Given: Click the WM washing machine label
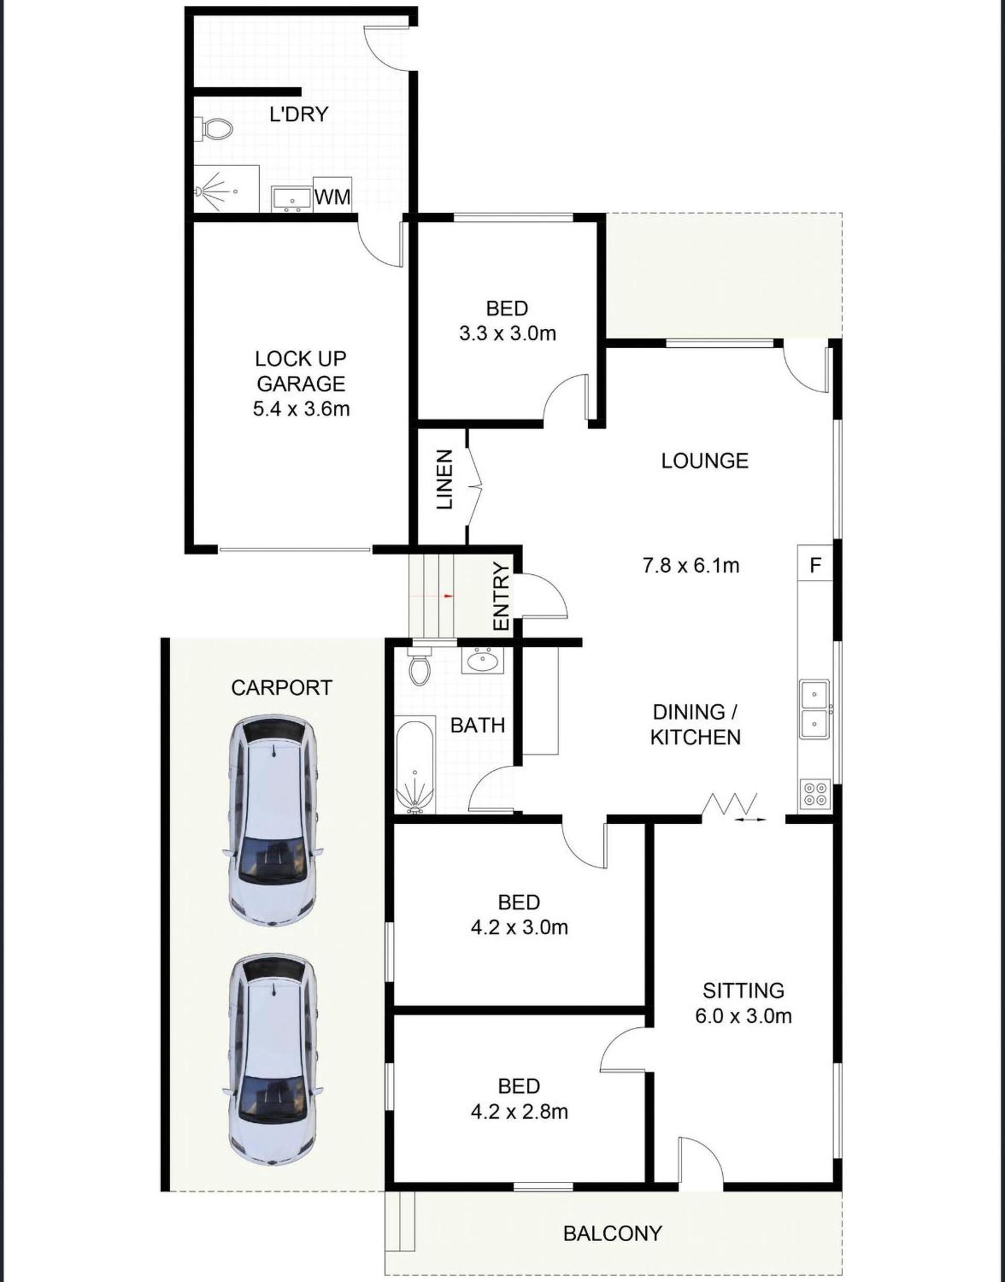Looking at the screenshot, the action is pyautogui.click(x=333, y=196).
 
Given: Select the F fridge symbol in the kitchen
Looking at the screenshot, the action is pyautogui.click(x=815, y=566).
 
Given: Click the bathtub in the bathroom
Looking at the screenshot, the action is pyautogui.click(x=415, y=764).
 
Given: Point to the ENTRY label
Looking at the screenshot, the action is pyautogui.click(x=501, y=596).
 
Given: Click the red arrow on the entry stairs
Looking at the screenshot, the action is pyautogui.click(x=448, y=596).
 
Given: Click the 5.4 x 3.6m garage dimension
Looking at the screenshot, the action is pyautogui.click(x=301, y=409).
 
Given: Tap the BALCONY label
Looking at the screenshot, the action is pyautogui.click(x=613, y=1216).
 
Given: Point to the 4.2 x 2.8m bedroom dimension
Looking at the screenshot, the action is pyautogui.click(x=519, y=1112).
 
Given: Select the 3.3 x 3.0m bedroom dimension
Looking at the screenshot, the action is pyautogui.click(x=507, y=334).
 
